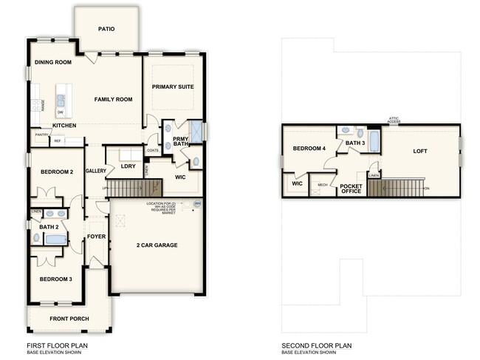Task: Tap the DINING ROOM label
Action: pos(53,62)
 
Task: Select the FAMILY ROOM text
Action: pos(113,98)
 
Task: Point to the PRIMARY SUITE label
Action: pos(173,86)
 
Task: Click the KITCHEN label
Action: pos(64,126)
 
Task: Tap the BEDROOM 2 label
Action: pos(56,171)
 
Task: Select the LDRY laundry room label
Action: pos(127,166)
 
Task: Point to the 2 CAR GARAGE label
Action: pos(157,245)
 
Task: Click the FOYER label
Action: pos(97,237)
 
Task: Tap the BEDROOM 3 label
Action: pos(56,279)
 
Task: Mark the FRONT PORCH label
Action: pos(69,319)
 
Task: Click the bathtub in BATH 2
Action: pos(55,239)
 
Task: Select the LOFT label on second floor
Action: pos(419,151)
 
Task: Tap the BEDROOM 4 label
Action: pos(309,149)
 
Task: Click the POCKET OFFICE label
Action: pos(351,187)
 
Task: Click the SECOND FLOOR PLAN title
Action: pos(317,345)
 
